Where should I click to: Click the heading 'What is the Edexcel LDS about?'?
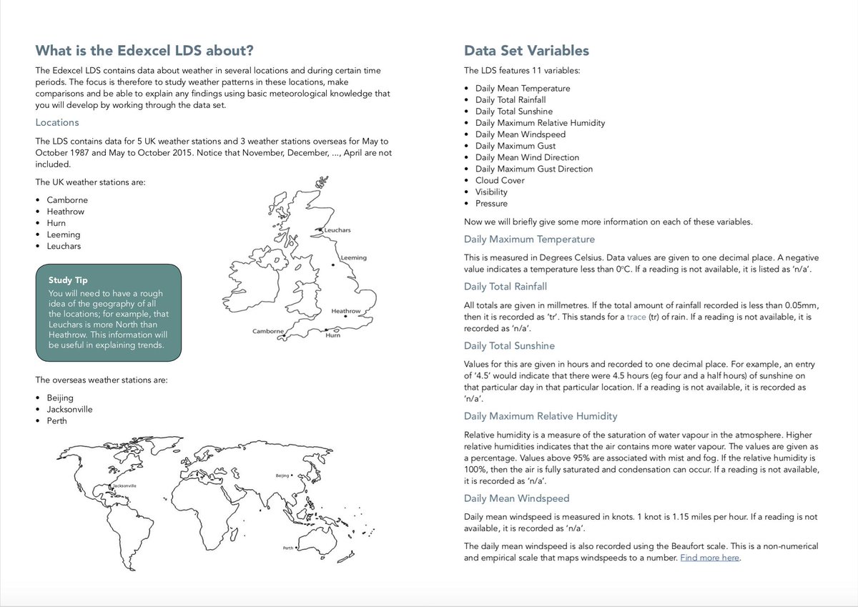coord(144,51)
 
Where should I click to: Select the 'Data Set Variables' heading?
coord(526,51)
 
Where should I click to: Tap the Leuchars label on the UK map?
coord(337,231)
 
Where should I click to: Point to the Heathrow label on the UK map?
coord(345,312)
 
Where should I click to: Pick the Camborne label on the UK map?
coord(268,332)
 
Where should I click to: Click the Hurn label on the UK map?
coord(332,335)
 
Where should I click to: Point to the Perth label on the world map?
coord(287,548)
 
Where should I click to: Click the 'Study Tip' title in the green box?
coord(68,280)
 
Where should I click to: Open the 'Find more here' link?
coord(709,558)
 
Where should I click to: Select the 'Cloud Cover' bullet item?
coord(500,180)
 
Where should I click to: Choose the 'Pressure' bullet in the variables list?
coord(491,203)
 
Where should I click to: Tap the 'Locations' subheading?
coord(57,122)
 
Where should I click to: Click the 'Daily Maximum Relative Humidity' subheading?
coord(541,416)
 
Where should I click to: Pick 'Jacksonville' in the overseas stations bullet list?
coord(69,409)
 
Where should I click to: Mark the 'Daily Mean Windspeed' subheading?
coord(516,498)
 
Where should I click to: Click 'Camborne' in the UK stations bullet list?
coord(67,199)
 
